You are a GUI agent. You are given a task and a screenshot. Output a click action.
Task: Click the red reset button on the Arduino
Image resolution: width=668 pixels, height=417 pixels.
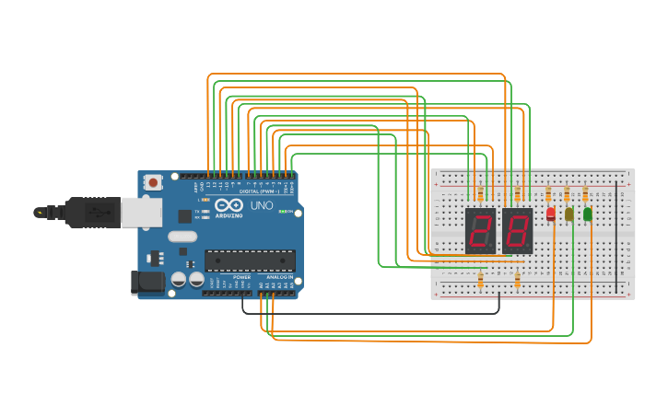coord(153,182)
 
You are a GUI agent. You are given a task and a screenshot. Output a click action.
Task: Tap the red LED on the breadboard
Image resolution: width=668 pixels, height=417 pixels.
coord(551,214)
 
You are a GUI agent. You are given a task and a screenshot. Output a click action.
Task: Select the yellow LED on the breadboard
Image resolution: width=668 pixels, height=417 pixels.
coord(569,214)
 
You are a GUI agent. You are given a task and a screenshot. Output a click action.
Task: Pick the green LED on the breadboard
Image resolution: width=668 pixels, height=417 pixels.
coord(588,214)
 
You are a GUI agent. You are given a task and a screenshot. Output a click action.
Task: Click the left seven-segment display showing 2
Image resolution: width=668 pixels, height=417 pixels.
coord(480,231)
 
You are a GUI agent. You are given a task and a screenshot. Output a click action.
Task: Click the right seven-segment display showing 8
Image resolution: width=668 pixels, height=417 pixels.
coord(517,231)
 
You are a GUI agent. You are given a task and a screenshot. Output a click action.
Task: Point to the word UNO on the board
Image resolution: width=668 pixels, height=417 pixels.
coord(262,205)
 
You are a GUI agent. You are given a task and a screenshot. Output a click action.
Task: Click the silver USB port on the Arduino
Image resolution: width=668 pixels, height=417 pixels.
coord(141,213)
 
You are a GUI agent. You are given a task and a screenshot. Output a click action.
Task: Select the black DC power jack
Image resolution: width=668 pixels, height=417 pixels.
coord(147,282)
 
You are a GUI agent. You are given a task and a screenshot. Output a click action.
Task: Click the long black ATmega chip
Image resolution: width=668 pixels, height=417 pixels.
coord(250,261)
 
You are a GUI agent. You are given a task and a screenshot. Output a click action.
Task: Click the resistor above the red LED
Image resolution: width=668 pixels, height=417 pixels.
coord(548,193)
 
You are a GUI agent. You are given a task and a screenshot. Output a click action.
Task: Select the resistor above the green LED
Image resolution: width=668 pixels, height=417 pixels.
coord(585,193)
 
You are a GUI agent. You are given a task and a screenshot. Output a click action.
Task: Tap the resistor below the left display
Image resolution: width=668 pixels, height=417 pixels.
coord(480,280)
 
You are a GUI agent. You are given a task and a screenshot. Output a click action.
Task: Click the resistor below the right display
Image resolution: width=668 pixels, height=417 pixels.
coord(517,280)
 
